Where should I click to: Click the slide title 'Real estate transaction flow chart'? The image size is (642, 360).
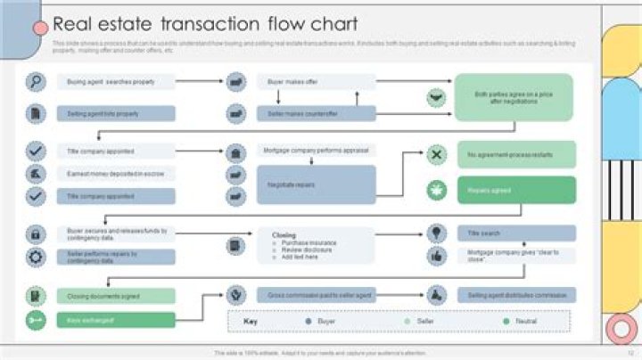[x=205, y=24]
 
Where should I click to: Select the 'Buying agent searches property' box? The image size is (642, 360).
[x=117, y=82]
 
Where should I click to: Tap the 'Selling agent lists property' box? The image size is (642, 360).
[x=117, y=113]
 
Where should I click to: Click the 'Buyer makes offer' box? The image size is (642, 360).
[x=317, y=82]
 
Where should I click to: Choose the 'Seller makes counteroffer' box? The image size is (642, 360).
[x=317, y=113]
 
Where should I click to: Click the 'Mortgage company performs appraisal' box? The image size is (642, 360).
[x=317, y=151]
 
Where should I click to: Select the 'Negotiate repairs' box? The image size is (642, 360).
[x=317, y=184]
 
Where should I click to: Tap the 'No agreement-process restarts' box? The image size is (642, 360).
[x=516, y=155]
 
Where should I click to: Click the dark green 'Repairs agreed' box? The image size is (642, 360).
[x=516, y=190]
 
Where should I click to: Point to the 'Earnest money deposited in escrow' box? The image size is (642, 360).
[x=117, y=174]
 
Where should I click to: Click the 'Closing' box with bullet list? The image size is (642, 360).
[x=317, y=245]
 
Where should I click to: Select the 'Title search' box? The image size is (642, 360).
[x=516, y=233]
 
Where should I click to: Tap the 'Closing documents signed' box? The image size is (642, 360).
[x=117, y=296]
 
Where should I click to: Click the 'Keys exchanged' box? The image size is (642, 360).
[x=117, y=320]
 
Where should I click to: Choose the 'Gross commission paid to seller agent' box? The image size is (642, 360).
[x=317, y=294]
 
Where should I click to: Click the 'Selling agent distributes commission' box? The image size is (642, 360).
[x=516, y=294]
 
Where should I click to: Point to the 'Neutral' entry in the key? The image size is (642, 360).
[x=521, y=321]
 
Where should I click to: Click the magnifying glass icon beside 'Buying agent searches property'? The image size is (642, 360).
[x=36, y=82]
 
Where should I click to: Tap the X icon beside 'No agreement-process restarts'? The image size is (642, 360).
[x=436, y=155]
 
